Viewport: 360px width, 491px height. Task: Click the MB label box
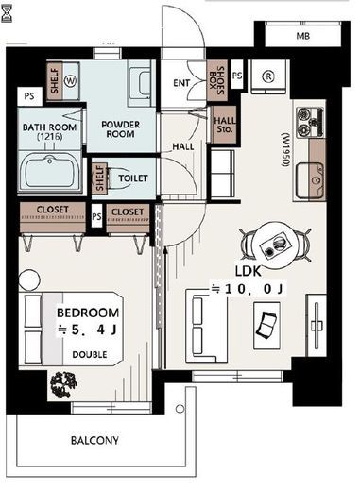coord(302,36)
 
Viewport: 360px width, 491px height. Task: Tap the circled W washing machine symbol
coord(70,81)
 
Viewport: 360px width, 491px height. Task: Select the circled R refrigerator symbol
coord(268,76)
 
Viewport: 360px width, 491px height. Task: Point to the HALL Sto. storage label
coord(224,125)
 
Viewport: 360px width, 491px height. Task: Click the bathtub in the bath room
coord(50,172)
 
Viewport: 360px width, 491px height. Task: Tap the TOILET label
coord(133,178)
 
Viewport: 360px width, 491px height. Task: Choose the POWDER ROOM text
coord(121,129)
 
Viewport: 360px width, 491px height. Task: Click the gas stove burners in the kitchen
coord(310,122)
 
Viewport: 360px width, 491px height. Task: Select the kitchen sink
coord(310,180)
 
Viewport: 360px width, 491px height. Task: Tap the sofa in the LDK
coord(206,326)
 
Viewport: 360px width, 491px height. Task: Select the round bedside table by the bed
coord(29,279)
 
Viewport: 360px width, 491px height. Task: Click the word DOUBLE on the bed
coord(90,355)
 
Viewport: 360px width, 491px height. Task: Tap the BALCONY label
coord(94,440)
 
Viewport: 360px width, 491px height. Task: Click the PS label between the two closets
coord(96,216)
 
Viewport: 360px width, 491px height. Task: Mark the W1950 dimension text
coord(285,150)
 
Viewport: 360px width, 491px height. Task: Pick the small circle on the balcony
coord(180,409)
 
